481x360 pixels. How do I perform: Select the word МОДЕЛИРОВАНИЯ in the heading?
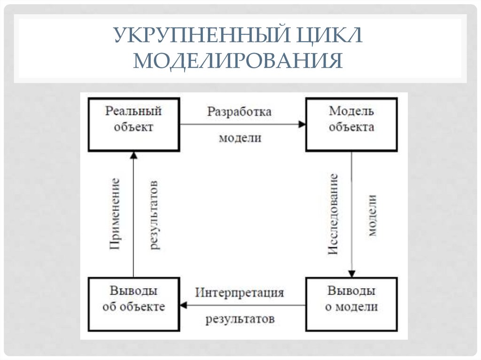pyautogui.click(x=238, y=61)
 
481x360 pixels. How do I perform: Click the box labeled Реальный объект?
pyautogui.click(x=133, y=124)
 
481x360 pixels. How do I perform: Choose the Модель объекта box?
pyautogui.click(x=351, y=124)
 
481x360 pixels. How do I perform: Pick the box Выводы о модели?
pyautogui.click(x=351, y=305)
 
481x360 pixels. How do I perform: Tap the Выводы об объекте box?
pyautogui.click(x=133, y=305)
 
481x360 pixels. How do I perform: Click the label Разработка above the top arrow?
pyautogui.click(x=240, y=113)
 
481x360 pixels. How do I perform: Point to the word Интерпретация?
pyautogui.click(x=240, y=293)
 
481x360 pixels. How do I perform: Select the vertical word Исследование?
pyautogui.click(x=333, y=214)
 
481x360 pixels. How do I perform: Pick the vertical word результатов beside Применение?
pyautogui.click(x=154, y=214)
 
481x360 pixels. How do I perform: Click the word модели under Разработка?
pyautogui.click(x=240, y=138)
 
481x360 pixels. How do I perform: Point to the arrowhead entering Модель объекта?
pyautogui.click(x=302, y=124)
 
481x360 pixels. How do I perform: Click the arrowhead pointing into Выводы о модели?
pyautogui.click(x=351, y=274)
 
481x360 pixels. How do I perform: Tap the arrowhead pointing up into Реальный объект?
pyautogui.click(x=133, y=155)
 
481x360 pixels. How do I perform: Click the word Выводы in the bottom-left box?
pyautogui.click(x=133, y=291)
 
